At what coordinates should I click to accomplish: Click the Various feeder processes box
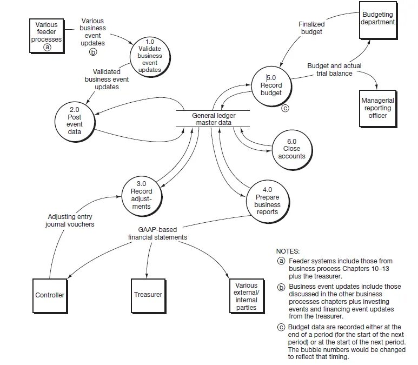point(47,35)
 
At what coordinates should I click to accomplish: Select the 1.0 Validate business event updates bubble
point(150,56)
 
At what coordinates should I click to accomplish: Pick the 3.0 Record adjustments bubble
point(141,195)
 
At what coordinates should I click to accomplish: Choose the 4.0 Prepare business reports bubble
point(267,201)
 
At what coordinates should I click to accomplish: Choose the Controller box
point(50,295)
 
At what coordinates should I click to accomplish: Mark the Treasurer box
point(148,295)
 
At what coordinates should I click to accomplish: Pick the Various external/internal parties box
point(247,296)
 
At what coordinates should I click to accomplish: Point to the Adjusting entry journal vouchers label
point(70,220)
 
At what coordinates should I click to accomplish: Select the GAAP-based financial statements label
point(157,233)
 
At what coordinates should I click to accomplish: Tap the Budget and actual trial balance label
point(334,69)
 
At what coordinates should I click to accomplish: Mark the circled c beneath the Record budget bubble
point(286,108)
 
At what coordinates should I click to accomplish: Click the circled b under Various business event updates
point(92,52)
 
